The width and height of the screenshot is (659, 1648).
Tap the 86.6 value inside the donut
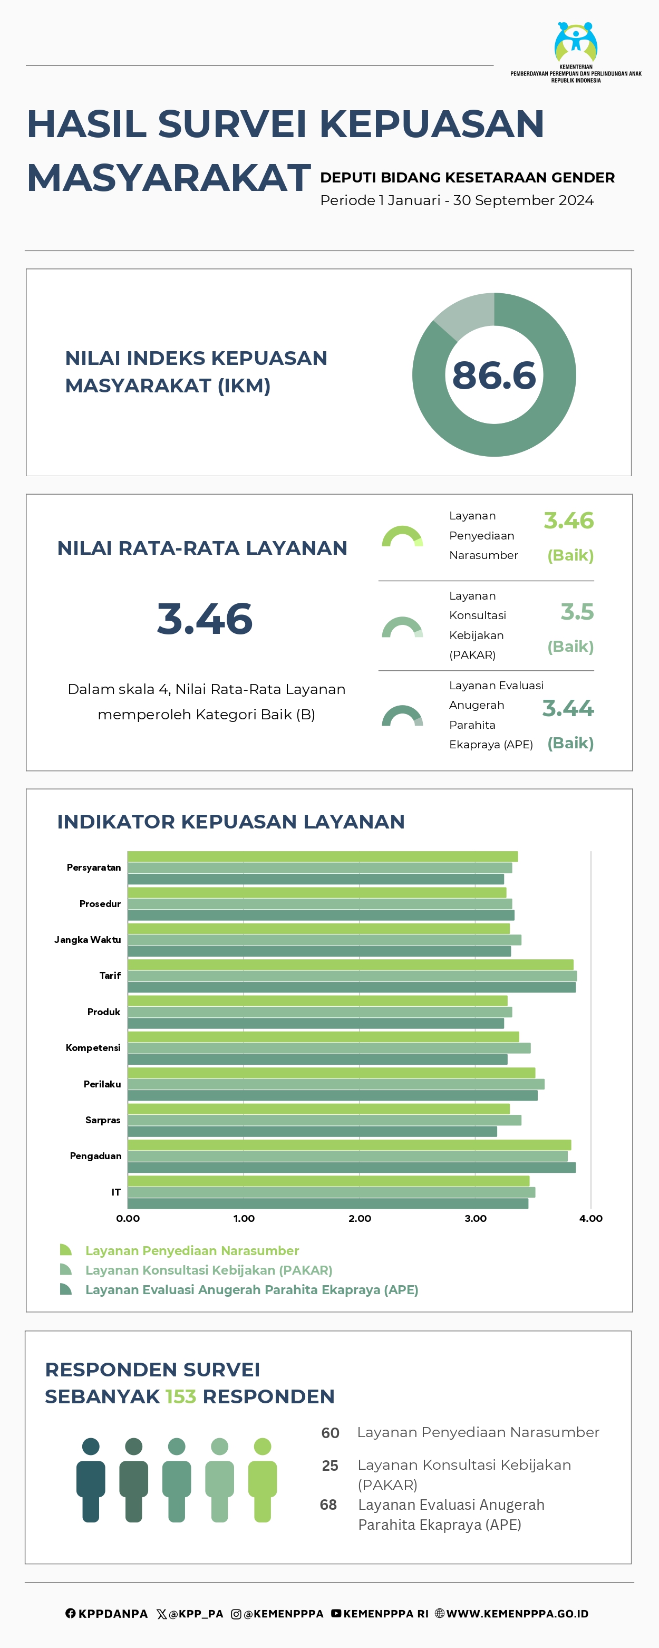coord(494,375)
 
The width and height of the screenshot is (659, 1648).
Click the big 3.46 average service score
coord(205,619)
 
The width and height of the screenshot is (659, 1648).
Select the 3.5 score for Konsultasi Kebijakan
coord(577,612)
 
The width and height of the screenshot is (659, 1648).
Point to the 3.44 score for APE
coord(568,708)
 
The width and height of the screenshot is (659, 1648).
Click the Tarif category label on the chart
coord(110,976)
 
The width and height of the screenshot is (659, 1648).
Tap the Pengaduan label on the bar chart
coord(95,1156)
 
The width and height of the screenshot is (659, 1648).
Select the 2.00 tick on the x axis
coord(360,1219)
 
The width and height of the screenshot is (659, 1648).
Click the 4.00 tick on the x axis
coord(590,1219)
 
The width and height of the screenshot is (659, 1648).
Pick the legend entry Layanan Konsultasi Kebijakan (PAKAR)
coord(209,1270)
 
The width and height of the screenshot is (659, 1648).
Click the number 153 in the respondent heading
coord(181,1396)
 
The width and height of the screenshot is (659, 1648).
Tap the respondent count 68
coord(328,1505)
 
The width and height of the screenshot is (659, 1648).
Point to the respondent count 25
coord(330,1466)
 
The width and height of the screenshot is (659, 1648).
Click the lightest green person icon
coord(263,1480)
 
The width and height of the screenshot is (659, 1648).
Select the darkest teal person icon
coord(91,1480)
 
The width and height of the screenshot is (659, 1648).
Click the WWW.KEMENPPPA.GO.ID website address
coord(517,1614)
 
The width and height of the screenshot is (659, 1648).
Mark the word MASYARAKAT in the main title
coord(169,178)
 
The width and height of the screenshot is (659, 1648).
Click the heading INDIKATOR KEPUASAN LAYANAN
coord(231,822)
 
